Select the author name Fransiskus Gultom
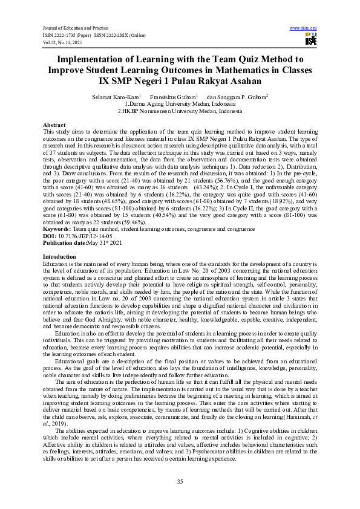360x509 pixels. (x=171, y=97)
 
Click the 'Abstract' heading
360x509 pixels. (x=54, y=124)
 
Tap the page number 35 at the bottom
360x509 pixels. (x=180, y=481)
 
